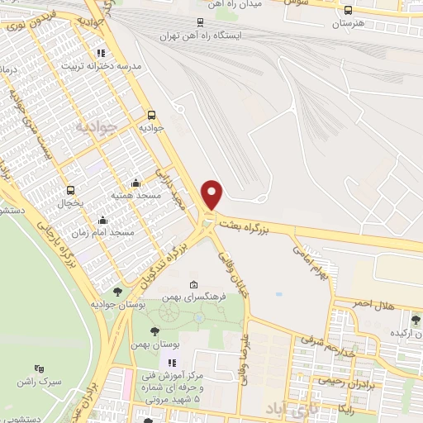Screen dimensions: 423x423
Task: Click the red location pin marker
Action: tap(213, 194)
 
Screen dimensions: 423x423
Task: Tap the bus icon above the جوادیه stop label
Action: tap(151, 116)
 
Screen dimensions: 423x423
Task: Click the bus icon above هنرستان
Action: tap(348, 11)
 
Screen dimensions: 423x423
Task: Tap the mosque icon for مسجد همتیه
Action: tap(136, 183)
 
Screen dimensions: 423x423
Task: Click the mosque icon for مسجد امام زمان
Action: tap(102, 221)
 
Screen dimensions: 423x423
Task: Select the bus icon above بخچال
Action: tap(70, 189)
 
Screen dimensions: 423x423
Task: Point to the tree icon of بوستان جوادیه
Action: tap(118, 291)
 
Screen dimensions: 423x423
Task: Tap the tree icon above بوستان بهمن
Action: tap(154, 331)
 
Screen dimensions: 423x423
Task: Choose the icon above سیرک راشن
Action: tap(38, 368)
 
